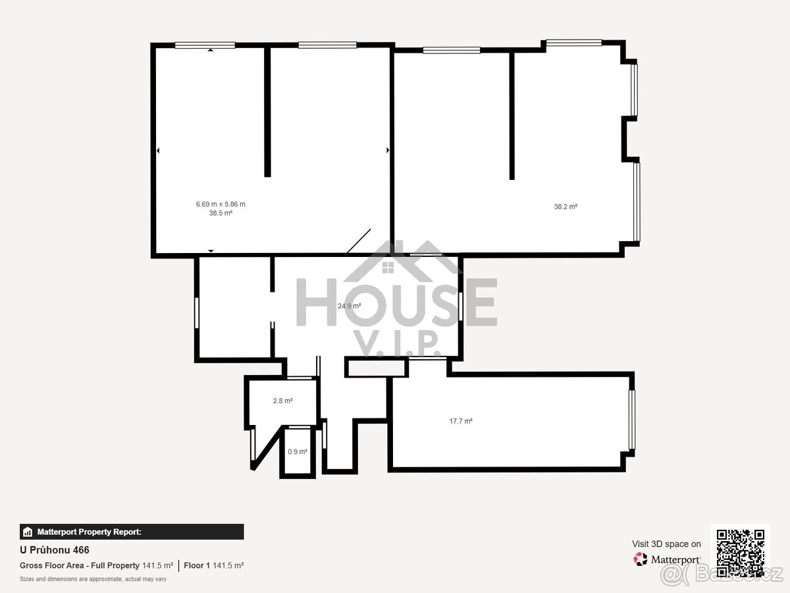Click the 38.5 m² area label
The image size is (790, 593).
[x=221, y=213]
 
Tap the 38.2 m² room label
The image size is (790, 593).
[x=566, y=206]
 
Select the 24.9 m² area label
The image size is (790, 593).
[x=349, y=306]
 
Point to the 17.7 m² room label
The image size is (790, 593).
[x=461, y=421]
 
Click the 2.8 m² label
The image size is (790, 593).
[x=282, y=401]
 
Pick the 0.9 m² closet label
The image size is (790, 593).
[x=297, y=452]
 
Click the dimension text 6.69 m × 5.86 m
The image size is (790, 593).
[x=221, y=204]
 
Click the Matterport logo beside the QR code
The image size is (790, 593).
[x=667, y=559]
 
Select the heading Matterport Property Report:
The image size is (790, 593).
[x=89, y=532]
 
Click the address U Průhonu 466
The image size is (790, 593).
[x=55, y=550]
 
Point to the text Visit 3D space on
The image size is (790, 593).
[x=666, y=544]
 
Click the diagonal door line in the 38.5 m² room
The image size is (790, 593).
[x=359, y=241]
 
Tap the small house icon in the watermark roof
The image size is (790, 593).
[x=388, y=267]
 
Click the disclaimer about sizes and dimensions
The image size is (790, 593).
[x=93, y=579]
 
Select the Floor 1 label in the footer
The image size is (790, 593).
[x=196, y=565]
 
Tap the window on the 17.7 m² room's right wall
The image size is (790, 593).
[x=631, y=420]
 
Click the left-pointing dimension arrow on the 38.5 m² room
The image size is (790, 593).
[x=158, y=151]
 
